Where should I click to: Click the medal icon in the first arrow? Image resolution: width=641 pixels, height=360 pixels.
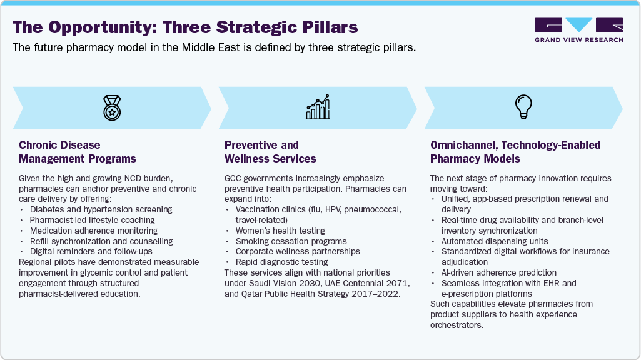[113, 107]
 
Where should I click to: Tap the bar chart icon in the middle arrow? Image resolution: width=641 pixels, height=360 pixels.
[318, 107]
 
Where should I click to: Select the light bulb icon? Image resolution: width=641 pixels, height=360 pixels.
[522, 107]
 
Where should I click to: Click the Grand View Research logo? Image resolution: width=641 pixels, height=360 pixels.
[578, 30]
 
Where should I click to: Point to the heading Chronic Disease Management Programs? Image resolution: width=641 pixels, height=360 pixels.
[78, 151]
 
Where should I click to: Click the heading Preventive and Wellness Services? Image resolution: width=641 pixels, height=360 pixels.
[270, 151]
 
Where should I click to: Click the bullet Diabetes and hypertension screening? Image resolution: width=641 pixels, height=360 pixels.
[101, 209]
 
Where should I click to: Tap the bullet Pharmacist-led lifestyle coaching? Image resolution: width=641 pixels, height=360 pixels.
[92, 220]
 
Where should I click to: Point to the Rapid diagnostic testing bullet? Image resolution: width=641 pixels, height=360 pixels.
[281, 262]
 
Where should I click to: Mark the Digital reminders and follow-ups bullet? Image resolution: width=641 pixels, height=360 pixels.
[91, 251]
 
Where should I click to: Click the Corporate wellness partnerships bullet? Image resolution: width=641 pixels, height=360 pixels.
[298, 251]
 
